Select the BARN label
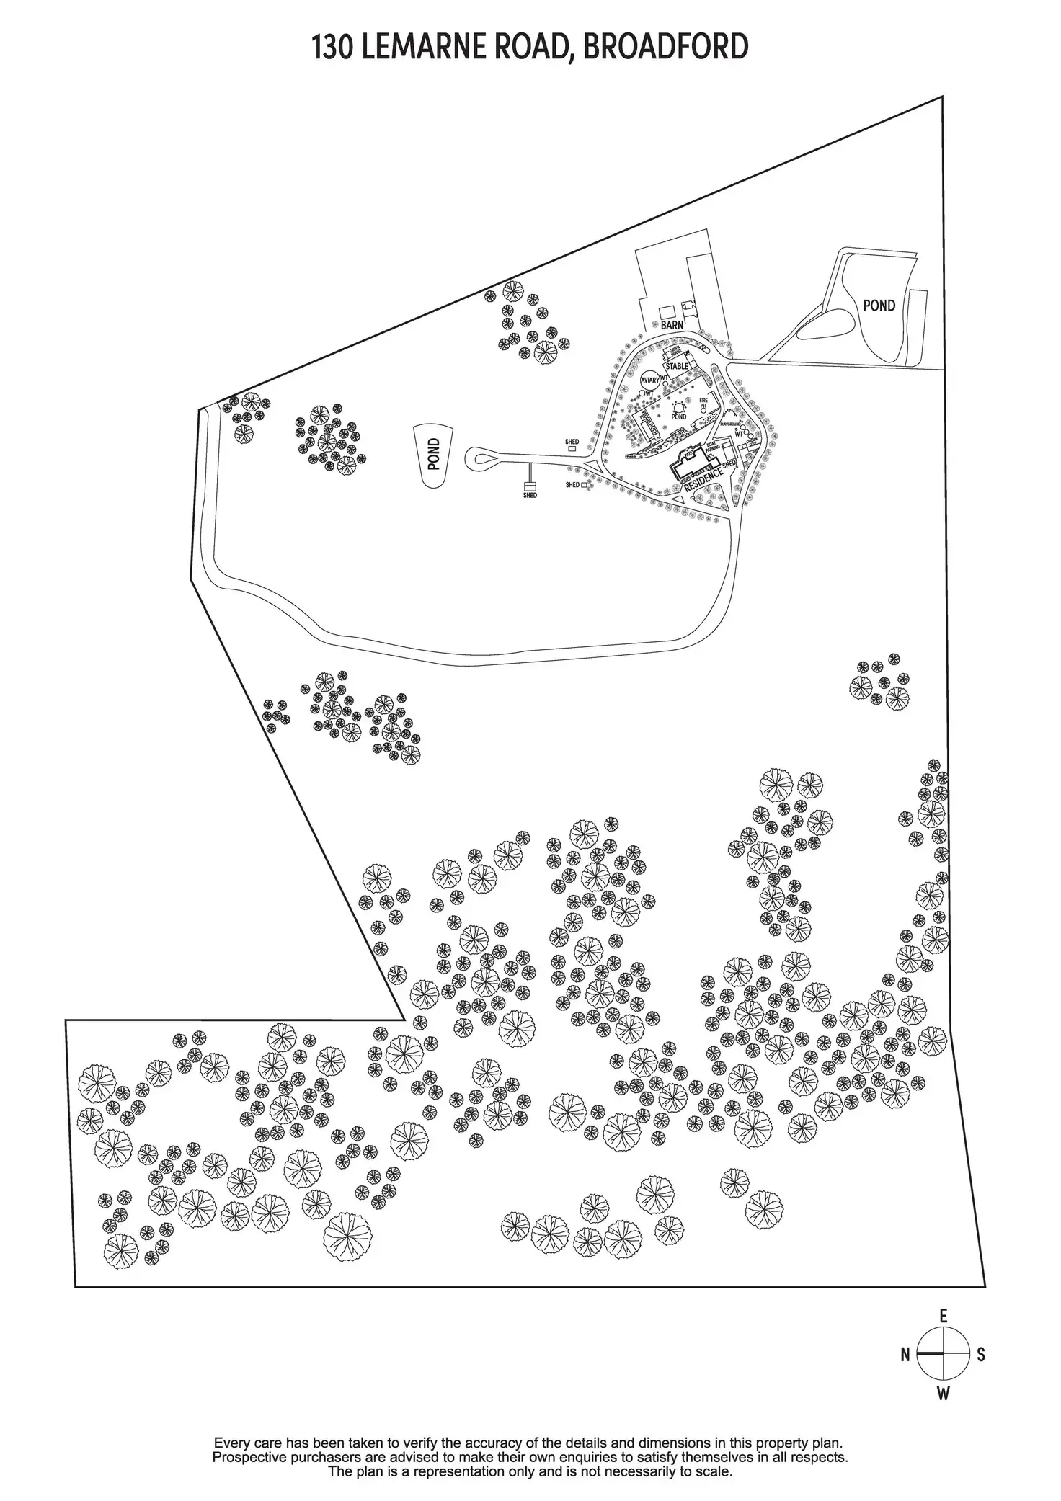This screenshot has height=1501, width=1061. (x=672, y=325)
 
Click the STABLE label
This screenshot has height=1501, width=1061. (x=677, y=366)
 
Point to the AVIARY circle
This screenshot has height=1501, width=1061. (x=650, y=380)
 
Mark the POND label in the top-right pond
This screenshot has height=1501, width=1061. (x=879, y=306)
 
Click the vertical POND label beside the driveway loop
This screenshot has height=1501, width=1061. (x=433, y=455)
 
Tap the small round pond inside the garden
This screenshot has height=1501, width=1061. (x=679, y=408)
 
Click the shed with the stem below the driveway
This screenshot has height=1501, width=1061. (x=530, y=487)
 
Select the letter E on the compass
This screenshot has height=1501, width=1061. (x=944, y=1316)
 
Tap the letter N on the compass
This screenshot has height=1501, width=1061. (x=905, y=1355)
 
